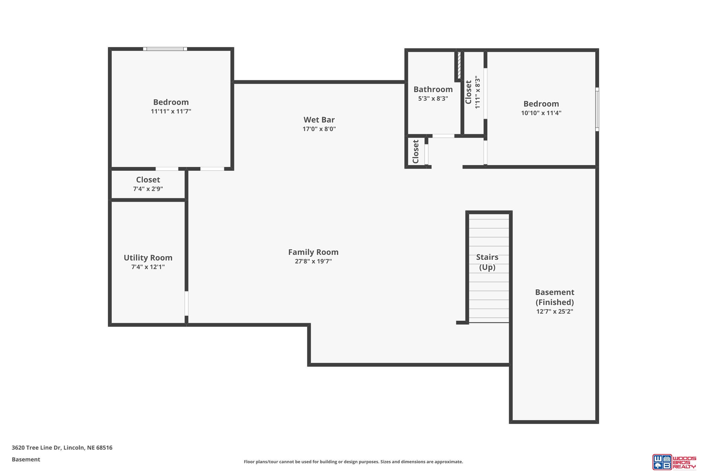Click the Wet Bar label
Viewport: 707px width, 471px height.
(x=319, y=120)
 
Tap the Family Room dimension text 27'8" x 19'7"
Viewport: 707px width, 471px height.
(x=313, y=261)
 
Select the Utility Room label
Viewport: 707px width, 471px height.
(x=148, y=258)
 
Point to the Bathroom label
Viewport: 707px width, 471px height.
(x=433, y=89)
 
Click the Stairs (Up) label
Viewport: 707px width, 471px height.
(x=487, y=262)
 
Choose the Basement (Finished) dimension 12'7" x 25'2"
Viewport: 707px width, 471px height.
(x=555, y=311)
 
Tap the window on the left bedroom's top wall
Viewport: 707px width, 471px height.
(x=165, y=49)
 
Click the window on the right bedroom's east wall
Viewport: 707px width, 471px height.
(x=597, y=109)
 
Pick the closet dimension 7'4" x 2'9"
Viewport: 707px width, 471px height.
(x=148, y=189)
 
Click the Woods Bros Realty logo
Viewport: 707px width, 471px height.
(x=674, y=461)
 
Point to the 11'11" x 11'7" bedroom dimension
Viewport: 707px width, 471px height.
(x=171, y=111)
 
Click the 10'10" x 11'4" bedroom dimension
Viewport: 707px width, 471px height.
(x=541, y=113)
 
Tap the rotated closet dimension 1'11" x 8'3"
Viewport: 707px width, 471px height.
(x=477, y=92)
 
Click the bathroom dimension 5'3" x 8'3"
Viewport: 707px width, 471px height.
(x=433, y=99)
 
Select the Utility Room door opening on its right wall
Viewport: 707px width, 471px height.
(x=186, y=303)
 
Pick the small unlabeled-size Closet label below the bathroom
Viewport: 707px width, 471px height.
(x=415, y=152)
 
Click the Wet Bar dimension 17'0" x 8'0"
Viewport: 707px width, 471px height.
(x=319, y=129)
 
